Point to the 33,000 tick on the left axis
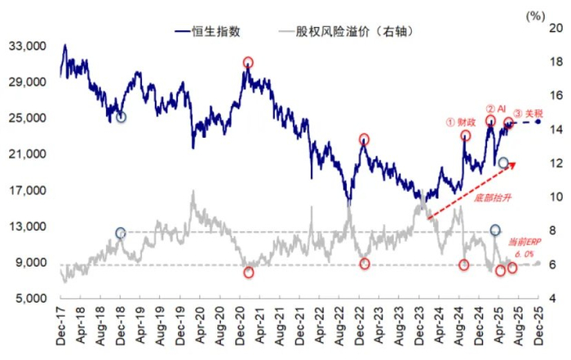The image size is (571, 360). tap(27, 47)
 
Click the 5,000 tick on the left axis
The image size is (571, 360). tap(30, 298)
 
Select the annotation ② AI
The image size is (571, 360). tap(496, 109)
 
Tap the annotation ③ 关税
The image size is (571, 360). tap(528, 113)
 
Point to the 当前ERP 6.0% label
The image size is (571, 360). tap(525, 248)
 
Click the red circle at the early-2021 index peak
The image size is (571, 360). tap(248, 62)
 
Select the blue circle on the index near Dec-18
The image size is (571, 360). tap(121, 118)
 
